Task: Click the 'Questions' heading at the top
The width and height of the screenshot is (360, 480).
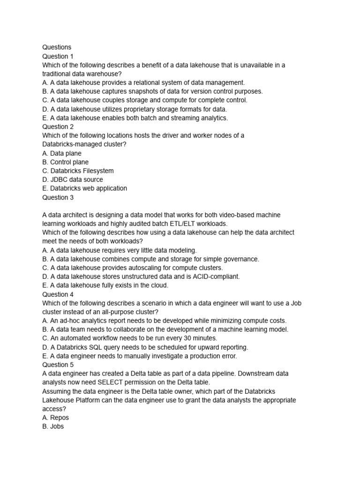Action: coord(57,47)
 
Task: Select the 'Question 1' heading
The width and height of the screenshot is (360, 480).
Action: coord(58,56)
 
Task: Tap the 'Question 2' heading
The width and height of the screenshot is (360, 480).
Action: coord(58,127)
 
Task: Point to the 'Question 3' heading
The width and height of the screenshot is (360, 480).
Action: coord(58,197)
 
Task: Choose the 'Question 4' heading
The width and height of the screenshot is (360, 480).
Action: coord(58,294)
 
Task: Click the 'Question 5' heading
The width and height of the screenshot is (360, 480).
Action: coord(58,365)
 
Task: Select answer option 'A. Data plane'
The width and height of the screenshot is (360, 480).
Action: coord(61,153)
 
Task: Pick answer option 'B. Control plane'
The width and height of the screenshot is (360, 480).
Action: coord(65,162)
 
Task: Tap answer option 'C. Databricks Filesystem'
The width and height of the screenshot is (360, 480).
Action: coord(78,171)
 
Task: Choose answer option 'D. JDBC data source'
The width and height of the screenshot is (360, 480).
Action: coord(72,180)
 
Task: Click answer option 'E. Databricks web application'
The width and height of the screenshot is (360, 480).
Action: coord(84,188)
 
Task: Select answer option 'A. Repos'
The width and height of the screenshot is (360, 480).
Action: coord(55,418)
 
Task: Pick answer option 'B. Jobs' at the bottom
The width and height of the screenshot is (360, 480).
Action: coord(53,427)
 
